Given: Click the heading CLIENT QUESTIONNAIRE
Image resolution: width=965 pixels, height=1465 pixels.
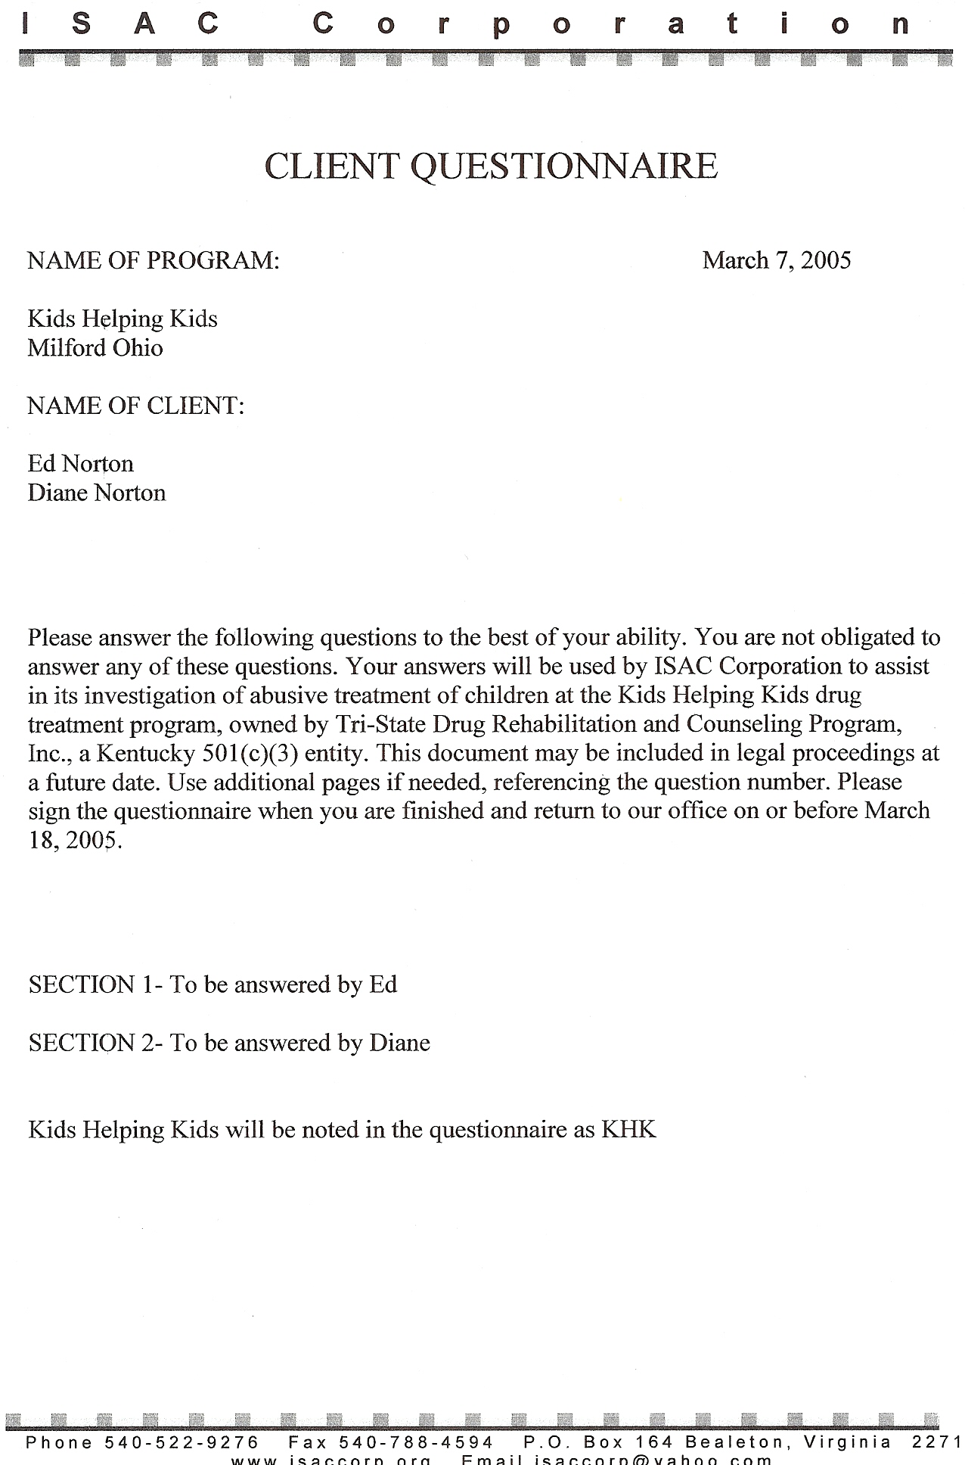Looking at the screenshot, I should click(x=491, y=166).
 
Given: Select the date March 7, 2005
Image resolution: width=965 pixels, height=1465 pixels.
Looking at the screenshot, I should click(x=776, y=260).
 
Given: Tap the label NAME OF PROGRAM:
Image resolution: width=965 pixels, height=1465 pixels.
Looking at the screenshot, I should click(x=154, y=260).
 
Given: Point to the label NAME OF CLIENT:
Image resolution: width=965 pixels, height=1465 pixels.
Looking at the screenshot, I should click(x=136, y=406).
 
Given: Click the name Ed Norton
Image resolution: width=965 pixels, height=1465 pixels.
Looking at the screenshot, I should click(x=80, y=463).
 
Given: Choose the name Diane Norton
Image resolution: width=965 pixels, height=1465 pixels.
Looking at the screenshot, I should click(x=97, y=493).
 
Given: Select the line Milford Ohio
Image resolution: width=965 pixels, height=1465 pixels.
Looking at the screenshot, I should click(x=95, y=347).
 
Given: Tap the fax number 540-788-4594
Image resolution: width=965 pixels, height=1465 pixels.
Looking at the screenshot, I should click(x=416, y=1442).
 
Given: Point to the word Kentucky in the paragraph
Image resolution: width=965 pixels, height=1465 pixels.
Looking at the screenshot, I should click(x=146, y=753).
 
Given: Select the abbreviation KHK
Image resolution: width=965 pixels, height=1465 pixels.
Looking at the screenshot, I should click(x=628, y=1130).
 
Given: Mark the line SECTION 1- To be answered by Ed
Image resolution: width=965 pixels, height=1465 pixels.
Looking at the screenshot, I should click(x=213, y=984).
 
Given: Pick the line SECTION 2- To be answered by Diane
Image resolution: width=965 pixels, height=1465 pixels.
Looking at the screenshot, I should click(x=229, y=1043).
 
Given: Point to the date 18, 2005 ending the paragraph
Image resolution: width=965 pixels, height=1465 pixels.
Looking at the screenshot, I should click(x=74, y=840).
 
